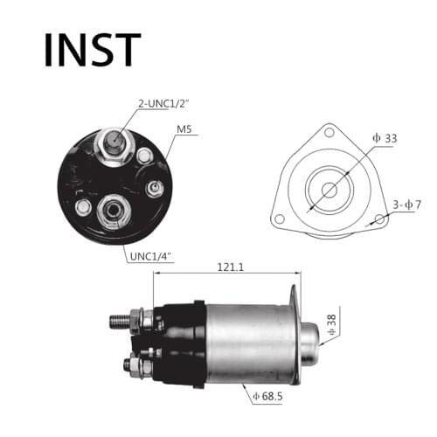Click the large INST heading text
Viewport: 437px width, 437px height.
92,50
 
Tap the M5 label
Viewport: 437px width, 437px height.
185,132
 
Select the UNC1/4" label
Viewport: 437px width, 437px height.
151,255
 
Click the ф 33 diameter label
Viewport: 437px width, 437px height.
385,137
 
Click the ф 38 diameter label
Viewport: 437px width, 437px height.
332,325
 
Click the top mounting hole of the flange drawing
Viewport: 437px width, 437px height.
329,132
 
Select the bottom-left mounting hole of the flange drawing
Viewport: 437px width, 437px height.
278,218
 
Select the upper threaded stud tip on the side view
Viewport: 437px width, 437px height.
119,321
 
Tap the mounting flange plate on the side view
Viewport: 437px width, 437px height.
295,336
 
